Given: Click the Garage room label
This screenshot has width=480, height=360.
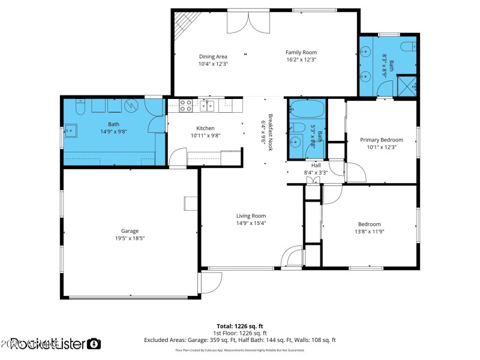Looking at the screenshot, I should (x=130, y=231).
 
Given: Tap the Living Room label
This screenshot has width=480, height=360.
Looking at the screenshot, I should (x=251, y=216).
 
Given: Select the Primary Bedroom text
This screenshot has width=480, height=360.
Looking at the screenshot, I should (x=381, y=140).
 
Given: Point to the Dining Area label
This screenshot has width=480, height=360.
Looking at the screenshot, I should (x=213, y=56).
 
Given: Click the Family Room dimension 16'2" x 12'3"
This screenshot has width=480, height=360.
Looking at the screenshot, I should (x=301, y=60).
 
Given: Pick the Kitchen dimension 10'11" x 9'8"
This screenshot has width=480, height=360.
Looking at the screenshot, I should (x=205, y=136).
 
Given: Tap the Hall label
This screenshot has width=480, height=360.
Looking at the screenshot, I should (x=316, y=166).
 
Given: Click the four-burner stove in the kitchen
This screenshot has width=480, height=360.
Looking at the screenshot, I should (x=186, y=106).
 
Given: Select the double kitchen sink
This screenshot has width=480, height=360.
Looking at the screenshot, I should (x=207, y=106).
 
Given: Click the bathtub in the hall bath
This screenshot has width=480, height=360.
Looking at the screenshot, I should (x=307, y=110).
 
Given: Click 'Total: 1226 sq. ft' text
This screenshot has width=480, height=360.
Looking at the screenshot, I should (x=240, y=326).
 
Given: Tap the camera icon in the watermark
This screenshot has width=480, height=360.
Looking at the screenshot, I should (x=94, y=344).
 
